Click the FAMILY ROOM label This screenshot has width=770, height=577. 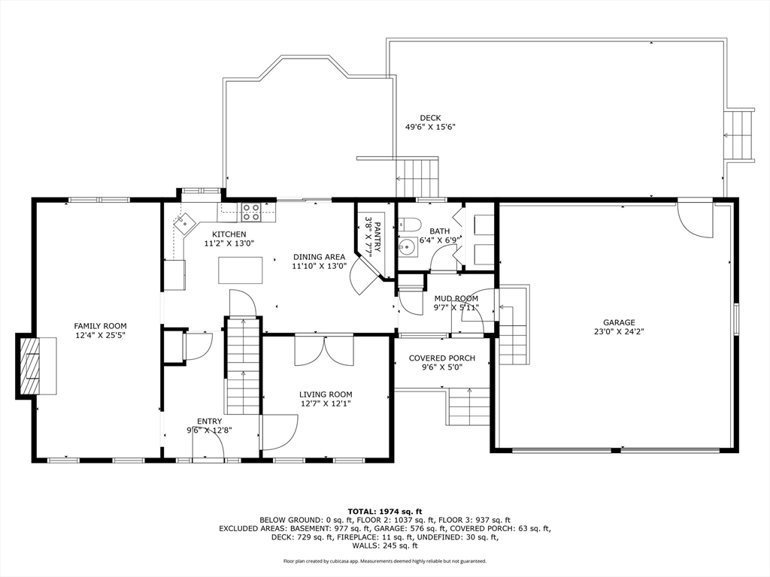tap(100, 326)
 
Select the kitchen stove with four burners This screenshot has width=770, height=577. tap(251, 211)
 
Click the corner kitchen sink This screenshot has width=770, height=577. tap(185, 222)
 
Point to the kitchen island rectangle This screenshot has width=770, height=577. tap(240, 270)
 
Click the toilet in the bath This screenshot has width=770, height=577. tap(408, 225)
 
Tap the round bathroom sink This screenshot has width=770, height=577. tap(408, 246)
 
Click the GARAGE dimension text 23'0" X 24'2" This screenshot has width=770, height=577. tap(620, 331)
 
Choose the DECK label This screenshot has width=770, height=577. tap(430, 118)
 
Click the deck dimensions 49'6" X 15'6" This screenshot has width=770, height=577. tap(431, 127)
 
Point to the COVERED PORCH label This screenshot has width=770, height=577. tap(442, 358)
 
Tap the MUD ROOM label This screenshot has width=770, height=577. tap(456, 298)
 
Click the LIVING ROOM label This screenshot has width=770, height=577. tap(326, 394)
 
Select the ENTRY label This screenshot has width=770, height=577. tap(209, 421)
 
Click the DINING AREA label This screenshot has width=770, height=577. tap(319, 257)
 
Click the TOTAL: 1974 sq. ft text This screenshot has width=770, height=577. tap(385, 511)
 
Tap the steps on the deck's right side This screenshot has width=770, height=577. tap(739, 134)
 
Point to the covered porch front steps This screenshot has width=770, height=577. tap(468, 406)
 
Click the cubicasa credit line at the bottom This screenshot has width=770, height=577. tap(385, 560)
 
